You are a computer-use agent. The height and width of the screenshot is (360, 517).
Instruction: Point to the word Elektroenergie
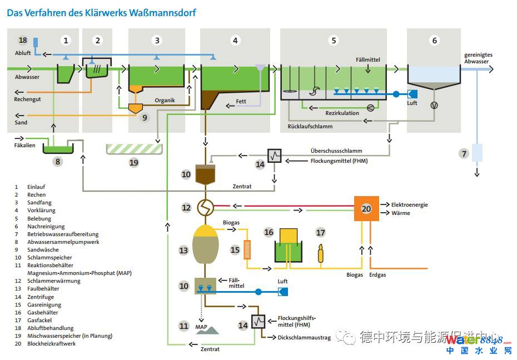click(410, 204)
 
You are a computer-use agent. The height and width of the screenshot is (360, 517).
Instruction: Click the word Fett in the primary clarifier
click(241, 102)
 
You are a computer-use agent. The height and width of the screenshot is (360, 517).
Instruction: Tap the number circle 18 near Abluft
click(23, 40)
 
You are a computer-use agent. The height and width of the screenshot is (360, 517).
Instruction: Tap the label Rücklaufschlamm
click(310, 127)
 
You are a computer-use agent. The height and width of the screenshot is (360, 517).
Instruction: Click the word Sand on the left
click(21, 122)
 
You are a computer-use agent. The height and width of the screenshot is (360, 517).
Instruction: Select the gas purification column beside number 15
click(248, 249)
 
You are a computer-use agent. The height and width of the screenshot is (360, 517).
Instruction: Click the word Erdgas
click(378, 274)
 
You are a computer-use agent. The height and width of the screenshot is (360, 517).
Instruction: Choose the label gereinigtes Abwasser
click(478, 58)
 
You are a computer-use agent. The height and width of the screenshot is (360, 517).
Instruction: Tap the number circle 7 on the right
click(464, 153)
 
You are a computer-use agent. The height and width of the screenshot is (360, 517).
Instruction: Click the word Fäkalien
click(25, 145)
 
